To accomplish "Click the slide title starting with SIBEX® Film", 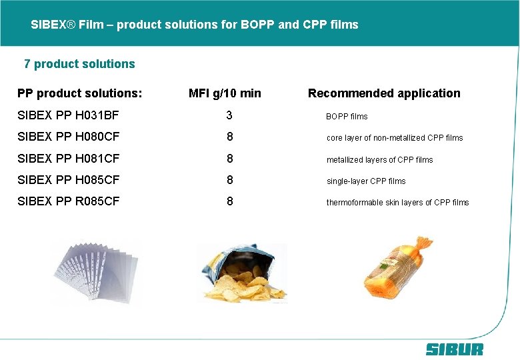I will [194, 25].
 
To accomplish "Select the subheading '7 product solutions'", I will [79, 64].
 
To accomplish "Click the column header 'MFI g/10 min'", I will [225, 93].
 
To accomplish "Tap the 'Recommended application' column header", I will [384, 93].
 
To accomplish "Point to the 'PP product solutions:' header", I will [79, 93].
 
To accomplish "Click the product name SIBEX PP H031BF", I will [68, 115].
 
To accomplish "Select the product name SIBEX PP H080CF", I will [68, 137].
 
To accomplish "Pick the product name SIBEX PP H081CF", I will [68, 159].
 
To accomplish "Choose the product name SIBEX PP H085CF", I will [68, 180].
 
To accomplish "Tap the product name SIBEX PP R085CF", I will [68, 201].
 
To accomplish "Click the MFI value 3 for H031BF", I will [229, 115].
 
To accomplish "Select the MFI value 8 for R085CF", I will [229, 201].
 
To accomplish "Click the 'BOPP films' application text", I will [347, 117].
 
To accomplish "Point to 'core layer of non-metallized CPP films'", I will [395, 138].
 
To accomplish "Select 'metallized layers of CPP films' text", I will [379, 160].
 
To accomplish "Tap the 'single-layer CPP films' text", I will [366, 181].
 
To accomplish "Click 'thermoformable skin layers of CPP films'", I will [397, 203].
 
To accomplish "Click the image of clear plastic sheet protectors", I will [97, 273].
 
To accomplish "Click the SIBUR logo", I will [454, 349].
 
